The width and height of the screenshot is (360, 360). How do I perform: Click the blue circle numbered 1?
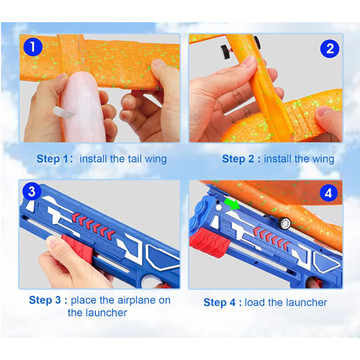tap(33, 47)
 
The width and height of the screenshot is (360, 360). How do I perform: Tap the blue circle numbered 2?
tap(329, 49)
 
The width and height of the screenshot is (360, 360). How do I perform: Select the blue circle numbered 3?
tap(32, 192)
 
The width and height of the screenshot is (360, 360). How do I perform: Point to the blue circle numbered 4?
tap(328, 193)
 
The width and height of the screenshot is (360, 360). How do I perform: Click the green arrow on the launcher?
tap(232, 204)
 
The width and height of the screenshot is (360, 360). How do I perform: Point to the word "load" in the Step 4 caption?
tap(254, 302)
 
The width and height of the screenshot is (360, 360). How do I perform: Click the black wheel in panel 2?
tap(226, 52)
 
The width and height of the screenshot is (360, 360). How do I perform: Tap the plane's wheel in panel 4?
tap(285, 223)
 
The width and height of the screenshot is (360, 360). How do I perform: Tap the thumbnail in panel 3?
tap(53, 243)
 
